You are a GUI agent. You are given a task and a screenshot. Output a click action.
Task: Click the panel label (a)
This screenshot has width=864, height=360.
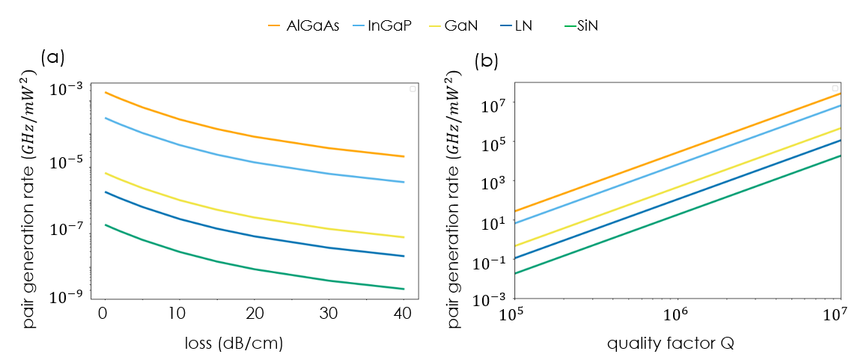click(53, 57)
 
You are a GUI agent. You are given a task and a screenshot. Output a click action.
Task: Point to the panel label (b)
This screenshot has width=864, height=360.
click(487, 61)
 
